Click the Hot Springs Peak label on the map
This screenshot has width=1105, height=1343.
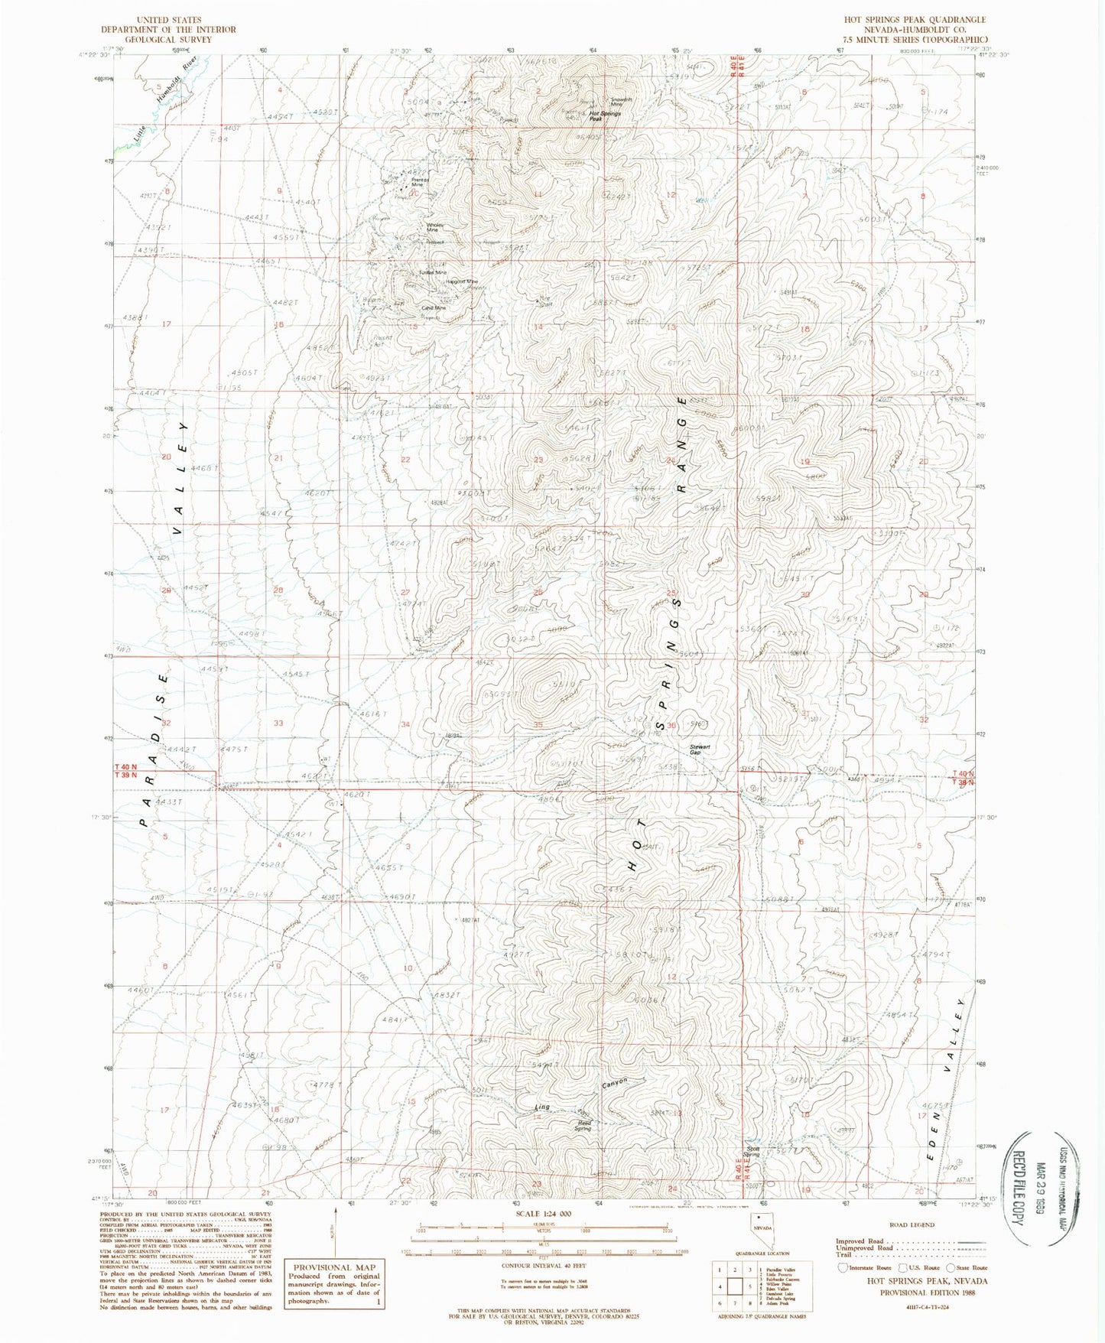(x=604, y=115)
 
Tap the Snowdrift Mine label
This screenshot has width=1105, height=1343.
(x=621, y=102)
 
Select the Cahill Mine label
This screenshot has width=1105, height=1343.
(x=433, y=309)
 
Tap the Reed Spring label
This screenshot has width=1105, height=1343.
(x=583, y=1125)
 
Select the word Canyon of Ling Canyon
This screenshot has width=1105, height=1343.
(x=613, y=1083)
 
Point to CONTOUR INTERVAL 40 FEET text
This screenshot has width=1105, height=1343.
(x=538, y=1267)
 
